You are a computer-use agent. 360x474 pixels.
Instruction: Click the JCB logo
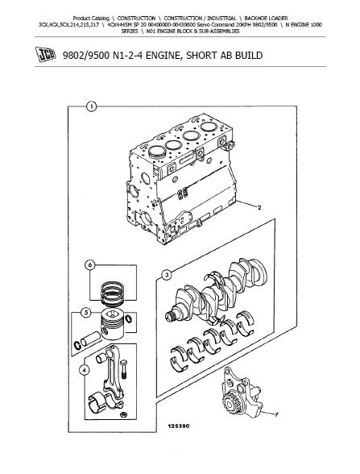(46, 55)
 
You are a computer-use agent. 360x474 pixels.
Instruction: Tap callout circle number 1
(91, 106)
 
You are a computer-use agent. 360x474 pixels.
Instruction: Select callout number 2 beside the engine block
(259, 207)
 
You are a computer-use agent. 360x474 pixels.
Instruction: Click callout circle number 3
(167, 276)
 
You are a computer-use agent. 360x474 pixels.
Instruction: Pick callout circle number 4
(84, 370)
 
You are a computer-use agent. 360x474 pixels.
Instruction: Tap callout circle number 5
(86, 313)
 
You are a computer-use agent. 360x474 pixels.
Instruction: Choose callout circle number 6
(89, 265)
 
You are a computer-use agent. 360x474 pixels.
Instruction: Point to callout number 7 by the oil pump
(276, 414)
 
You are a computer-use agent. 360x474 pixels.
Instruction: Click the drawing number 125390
(179, 426)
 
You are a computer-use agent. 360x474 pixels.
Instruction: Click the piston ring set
(112, 294)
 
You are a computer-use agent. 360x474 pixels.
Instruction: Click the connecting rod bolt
(123, 369)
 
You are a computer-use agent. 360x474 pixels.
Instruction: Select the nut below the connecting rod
(123, 414)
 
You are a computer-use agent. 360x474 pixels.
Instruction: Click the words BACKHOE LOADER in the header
(266, 18)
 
